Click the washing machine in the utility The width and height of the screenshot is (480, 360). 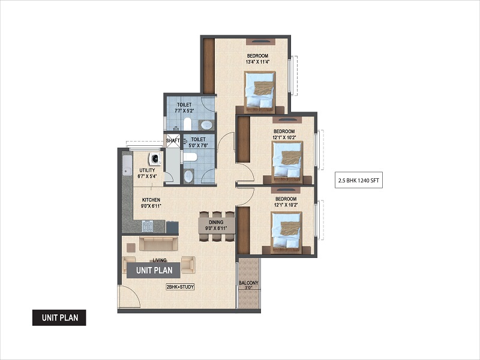[155, 158]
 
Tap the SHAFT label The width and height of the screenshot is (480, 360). [173, 140]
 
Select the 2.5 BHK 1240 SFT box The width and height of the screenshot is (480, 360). [358, 181]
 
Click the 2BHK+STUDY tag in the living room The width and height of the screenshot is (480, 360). [179, 287]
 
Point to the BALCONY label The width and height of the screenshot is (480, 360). [248, 283]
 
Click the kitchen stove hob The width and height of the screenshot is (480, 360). [148, 227]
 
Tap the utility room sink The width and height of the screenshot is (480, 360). [127, 166]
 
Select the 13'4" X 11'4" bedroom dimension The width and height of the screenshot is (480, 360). [257, 62]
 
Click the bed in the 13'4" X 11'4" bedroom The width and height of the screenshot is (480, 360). [260, 92]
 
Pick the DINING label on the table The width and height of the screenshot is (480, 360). [216, 222]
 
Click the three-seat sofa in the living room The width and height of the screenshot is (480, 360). [158, 244]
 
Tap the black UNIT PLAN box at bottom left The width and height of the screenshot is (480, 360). [59, 317]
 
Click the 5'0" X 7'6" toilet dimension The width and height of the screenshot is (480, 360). [198, 145]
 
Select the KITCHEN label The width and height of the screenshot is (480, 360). [151, 200]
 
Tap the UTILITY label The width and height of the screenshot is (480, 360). [147, 170]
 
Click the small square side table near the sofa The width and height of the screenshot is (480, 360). [131, 247]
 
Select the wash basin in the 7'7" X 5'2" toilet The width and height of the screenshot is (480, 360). [206, 125]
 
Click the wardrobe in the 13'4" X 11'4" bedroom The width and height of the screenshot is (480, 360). [209, 66]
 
